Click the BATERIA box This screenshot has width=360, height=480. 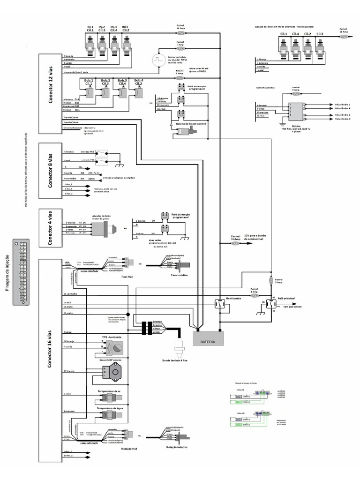[209, 341]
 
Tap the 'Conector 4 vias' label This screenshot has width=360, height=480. [51, 228]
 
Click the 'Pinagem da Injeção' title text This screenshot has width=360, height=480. [7, 273]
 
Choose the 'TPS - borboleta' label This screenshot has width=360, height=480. [112, 337]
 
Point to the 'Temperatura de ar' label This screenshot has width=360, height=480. [109, 390]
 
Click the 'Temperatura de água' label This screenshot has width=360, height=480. [110, 408]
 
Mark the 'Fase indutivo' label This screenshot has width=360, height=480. [179, 275]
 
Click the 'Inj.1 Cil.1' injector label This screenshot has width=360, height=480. [90, 29]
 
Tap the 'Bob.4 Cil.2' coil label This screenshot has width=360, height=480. [138, 82]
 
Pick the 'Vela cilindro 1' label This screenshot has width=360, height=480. [343, 104]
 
